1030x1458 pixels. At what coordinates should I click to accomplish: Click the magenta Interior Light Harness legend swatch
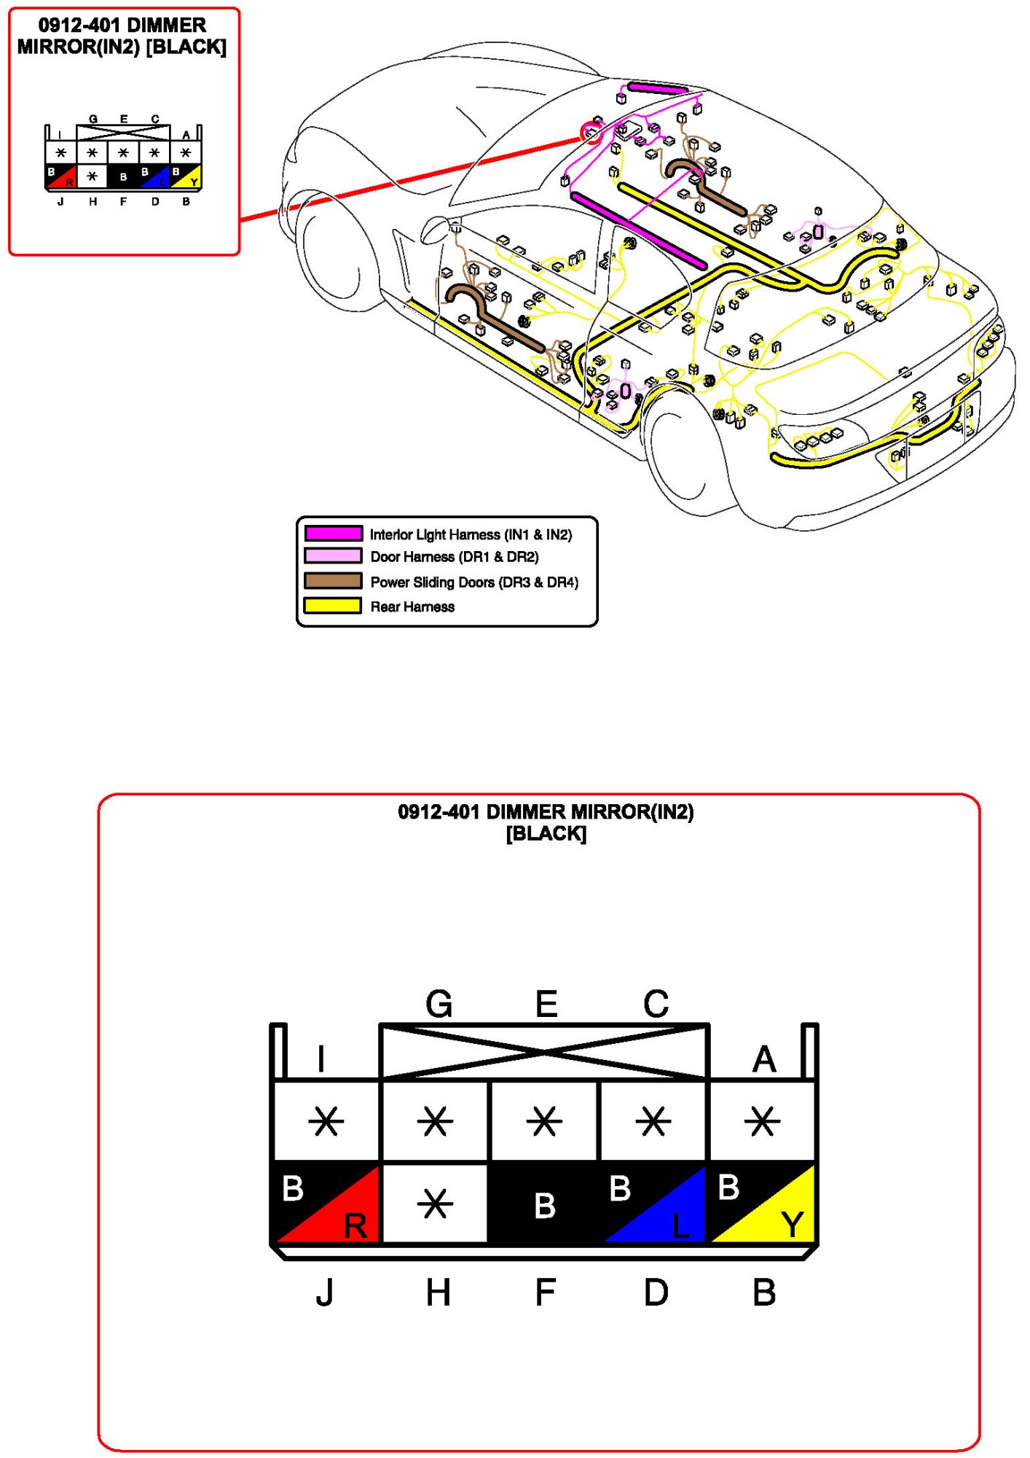pos(333,534)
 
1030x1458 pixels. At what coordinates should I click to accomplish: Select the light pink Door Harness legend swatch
pos(333,556)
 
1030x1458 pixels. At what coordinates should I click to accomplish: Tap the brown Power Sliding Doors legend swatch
pos(333,581)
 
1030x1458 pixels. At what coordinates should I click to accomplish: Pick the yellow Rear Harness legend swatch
pos(333,606)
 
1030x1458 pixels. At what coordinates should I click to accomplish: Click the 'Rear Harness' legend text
pos(412,607)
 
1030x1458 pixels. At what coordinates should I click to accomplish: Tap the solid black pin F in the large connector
pos(544,1203)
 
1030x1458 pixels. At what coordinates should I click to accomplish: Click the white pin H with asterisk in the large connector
pos(435,1203)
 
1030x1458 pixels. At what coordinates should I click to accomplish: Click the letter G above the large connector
pos(439,1004)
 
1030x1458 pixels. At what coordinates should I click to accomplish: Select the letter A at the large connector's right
pos(764,1059)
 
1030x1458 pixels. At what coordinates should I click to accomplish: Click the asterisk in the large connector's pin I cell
pos(326,1121)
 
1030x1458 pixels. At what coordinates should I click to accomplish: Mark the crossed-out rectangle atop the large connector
pos(544,1051)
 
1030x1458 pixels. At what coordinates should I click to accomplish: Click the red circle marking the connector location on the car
pos(591,133)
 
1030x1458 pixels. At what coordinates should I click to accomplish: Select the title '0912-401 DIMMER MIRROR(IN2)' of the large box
pos(546,812)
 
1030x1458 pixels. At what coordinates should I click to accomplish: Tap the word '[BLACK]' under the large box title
pos(546,833)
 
